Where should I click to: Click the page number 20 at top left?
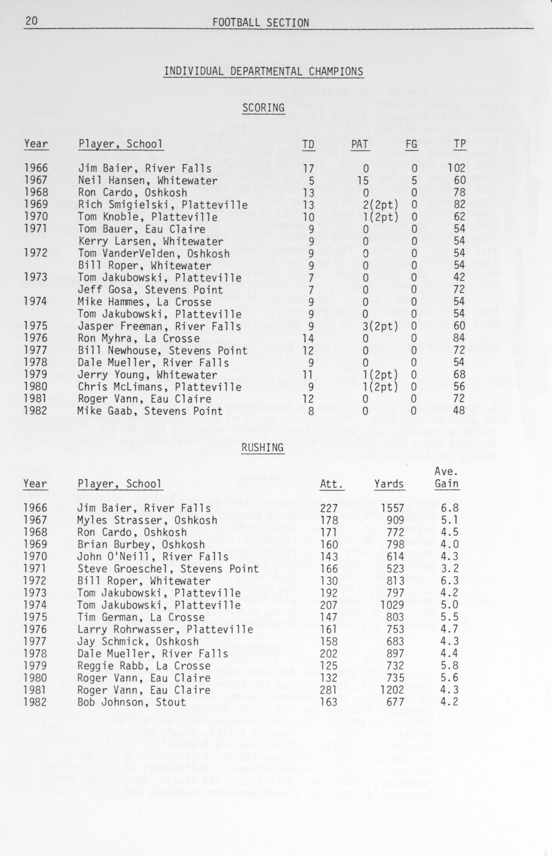(x=31, y=22)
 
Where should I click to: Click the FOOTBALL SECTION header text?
(x=260, y=23)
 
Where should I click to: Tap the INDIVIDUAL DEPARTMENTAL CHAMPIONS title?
(x=264, y=71)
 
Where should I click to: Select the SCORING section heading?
(x=264, y=108)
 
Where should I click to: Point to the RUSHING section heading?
(x=263, y=447)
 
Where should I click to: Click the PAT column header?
(x=359, y=144)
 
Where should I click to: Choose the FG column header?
(x=411, y=144)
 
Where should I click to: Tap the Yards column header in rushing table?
(x=389, y=484)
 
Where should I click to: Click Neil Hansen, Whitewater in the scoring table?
(x=148, y=181)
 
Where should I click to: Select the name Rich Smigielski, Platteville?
(x=163, y=204)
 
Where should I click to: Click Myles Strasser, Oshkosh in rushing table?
(x=147, y=520)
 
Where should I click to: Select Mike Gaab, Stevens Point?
(x=150, y=411)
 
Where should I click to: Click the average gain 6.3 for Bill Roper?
(x=449, y=581)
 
